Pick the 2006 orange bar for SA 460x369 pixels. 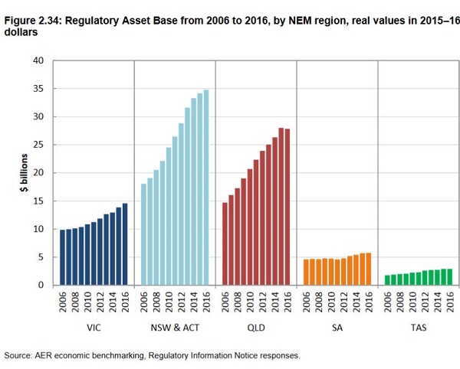(306, 273)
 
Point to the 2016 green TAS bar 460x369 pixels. (450, 277)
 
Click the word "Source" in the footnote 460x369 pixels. (19, 356)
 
